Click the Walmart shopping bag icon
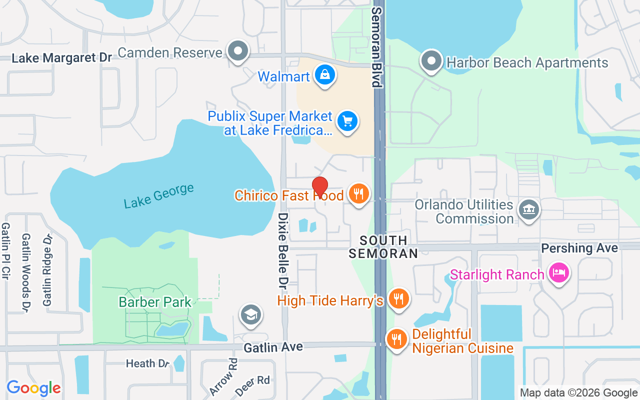(x=325, y=75)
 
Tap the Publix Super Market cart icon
(x=347, y=121)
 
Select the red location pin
(x=320, y=187)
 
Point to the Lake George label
(x=158, y=196)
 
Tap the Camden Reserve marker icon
(x=238, y=51)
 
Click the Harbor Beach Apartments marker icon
(x=431, y=61)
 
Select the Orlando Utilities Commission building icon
(x=529, y=209)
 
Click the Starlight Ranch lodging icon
(x=558, y=273)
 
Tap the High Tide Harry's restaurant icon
(x=398, y=298)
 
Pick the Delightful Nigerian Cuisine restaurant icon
(x=397, y=339)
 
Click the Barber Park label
(x=155, y=302)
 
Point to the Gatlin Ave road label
(x=273, y=346)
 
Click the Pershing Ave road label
(x=579, y=248)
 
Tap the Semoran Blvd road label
(x=377, y=47)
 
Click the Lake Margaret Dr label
(x=61, y=58)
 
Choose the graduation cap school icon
(x=251, y=314)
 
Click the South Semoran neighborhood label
(x=383, y=247)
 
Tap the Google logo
(x=33, y=388)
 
